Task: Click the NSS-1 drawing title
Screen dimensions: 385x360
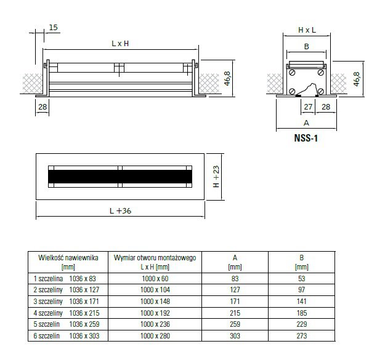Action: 306,138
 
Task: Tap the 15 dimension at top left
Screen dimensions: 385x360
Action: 53,27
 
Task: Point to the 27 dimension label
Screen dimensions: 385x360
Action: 308,107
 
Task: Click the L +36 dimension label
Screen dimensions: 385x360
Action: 120,211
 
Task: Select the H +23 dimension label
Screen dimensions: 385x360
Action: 216,177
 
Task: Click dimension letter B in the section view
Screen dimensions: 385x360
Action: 306,46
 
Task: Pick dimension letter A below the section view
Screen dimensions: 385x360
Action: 306,122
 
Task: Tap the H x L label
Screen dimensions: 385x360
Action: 307,30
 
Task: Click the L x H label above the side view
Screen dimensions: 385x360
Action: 120,44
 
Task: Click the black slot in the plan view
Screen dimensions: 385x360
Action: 120,177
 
